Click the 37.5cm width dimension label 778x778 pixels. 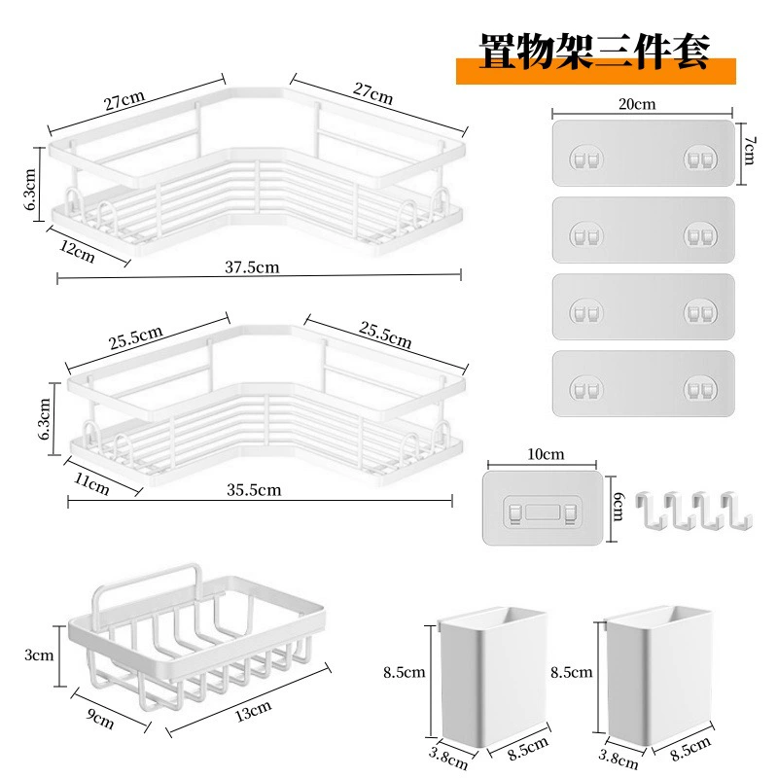click(252, 267)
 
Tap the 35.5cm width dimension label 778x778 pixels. click(254, 490)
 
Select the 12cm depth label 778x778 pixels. click(77, 251)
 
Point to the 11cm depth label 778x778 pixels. click(91, 483)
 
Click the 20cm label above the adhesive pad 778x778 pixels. click(637, 104)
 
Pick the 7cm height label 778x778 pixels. click(749, 151)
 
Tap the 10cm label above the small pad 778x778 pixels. click(546, 454)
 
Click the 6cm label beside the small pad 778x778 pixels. click(618, 506)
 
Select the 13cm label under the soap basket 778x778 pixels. click(253, 711)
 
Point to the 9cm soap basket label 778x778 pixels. click(100, 719)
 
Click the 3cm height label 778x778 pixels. click(39, 654)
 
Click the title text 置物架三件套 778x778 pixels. click(594, 52)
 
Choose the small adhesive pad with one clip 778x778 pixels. click(543, 508)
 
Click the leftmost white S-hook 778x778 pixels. click(651, 510)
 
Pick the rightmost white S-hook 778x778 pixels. click(737, 512)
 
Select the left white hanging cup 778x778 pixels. click(493, 675)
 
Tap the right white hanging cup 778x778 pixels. click(658, 675)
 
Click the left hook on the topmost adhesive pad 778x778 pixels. click(586, 159)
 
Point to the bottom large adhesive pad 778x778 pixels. click(643, 383)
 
